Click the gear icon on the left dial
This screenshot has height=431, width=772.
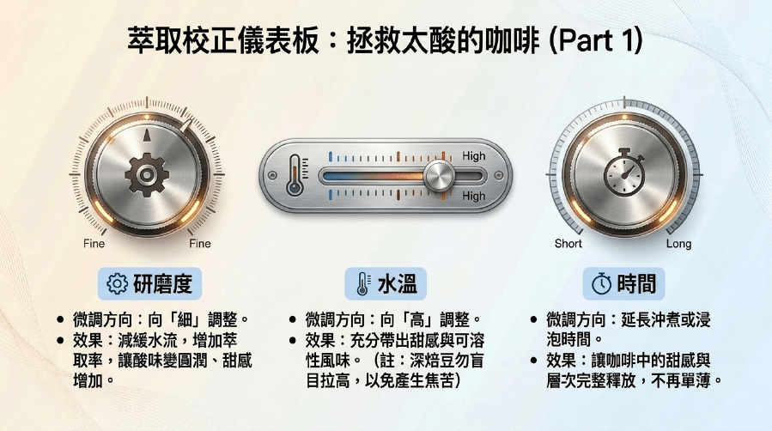point(147,174)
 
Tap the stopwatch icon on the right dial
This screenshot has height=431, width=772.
point(624,173)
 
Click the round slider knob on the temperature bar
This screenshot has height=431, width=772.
point(439,176)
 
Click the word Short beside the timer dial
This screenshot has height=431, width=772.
point(568,244)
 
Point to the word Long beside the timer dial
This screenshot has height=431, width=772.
point(678,244)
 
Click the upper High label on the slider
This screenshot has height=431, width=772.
point(474,156)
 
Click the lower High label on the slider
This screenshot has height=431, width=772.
point(474,196)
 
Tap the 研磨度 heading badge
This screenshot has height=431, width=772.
point(149,284)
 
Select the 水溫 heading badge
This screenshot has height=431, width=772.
point(386,284)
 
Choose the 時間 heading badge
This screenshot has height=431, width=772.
point(623,284)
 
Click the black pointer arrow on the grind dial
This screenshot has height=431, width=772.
point(147,136)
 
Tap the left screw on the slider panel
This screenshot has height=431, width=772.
point(272,175)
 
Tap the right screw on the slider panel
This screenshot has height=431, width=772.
point(499,175)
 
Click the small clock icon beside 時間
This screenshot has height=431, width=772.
point(601,284)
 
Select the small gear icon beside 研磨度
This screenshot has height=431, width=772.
point(117,284)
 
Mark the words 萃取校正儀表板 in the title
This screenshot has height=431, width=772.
point(223,41)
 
